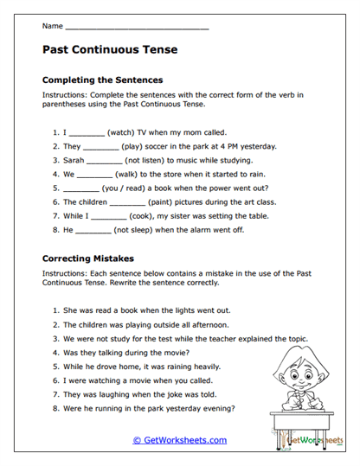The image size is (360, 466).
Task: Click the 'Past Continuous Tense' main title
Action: pyautogui.click(x=110, y=50)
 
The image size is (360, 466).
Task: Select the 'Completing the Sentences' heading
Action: pyautogui.click(x=102, y=80)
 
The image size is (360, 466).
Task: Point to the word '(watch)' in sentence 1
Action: pyautogui.click(x=122, y=132)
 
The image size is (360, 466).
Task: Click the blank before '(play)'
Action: pyautogui.click(x=101, y=146)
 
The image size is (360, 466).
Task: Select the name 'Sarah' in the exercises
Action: pyautogui.click(x=74, y=160)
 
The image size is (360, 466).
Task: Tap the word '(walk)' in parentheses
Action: pyautogui.click(x=124, y=173)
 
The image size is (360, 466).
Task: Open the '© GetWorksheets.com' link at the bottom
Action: pyautogui.click(x=180, y=440)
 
